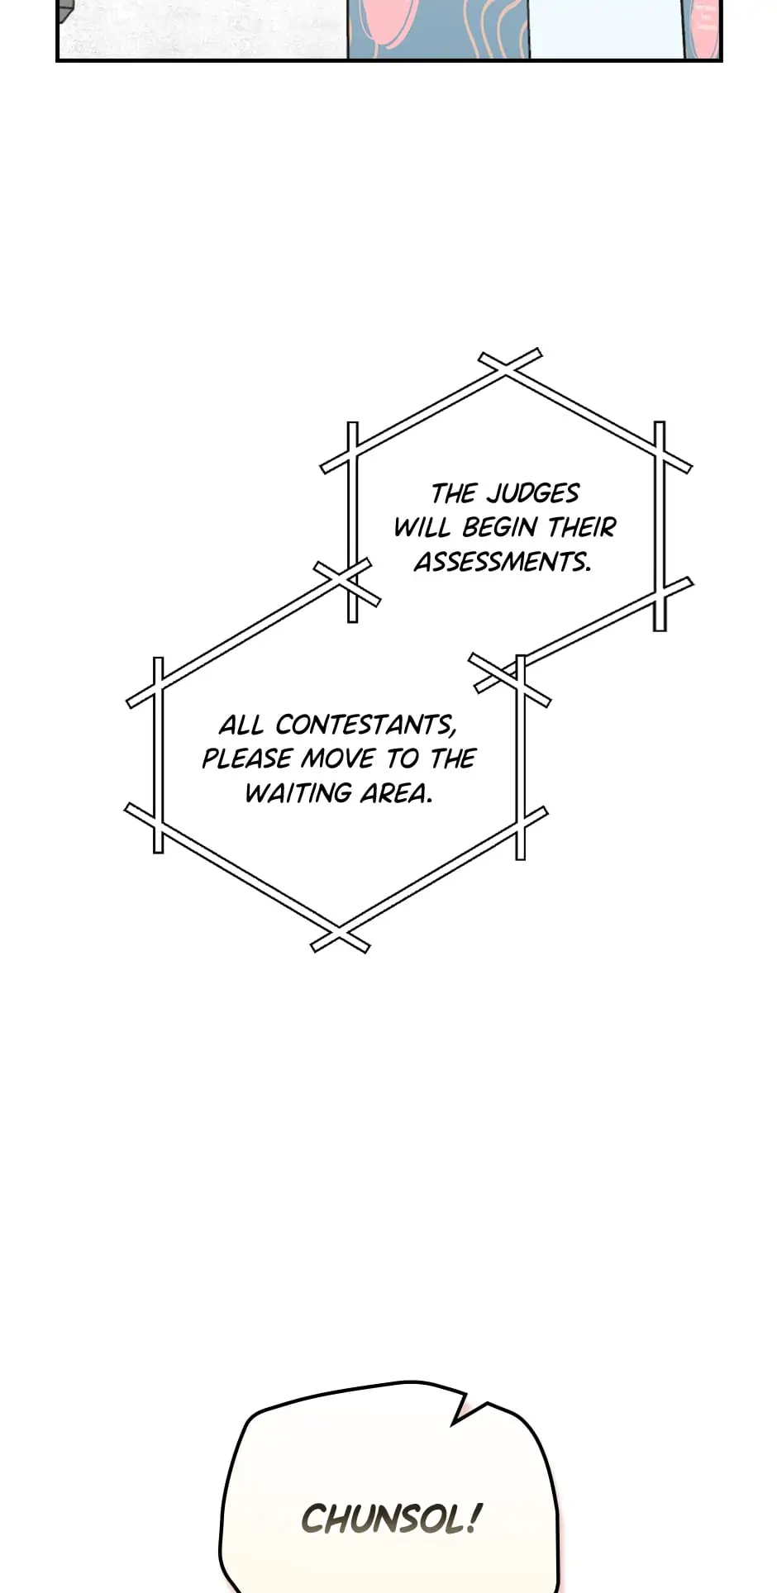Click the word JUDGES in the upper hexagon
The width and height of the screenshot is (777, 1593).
click(x=532, y=493)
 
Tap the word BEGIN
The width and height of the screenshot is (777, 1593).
click(x=499, y=527)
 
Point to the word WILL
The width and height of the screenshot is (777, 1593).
click(x=422, y=527)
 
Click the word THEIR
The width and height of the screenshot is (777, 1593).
click(x=582, y=527)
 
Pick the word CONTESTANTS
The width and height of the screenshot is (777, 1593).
click(x=365, y=725)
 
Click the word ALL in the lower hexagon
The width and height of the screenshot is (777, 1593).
click(x=241, y=725)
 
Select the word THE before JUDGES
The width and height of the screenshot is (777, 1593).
click(x=454, y=493)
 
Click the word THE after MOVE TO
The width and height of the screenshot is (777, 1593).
click(x=452, y=758)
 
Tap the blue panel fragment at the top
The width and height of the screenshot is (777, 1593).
click(x=438, y=29)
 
